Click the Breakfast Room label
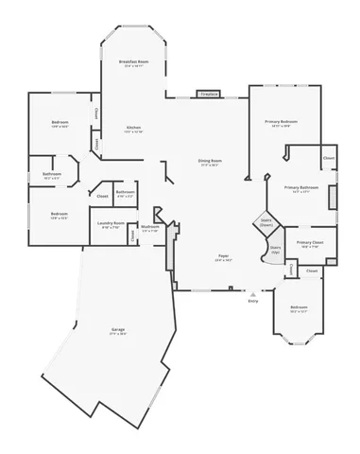click(x=131, y=61)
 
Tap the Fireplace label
click(x=208, y=94)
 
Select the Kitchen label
click(x=134, y=128)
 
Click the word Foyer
click(x=223, y=255)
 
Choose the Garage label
click(x=117, y=329)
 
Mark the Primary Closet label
click(x=310, y=242)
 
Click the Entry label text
click(x=252, y=301)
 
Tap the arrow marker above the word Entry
click(x=252, y=293)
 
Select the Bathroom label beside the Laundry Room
click(x=125, y=192)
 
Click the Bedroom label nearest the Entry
click(x=299, y=307)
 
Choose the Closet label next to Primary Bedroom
click(x=328, y=157)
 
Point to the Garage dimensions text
click(x=117, y=334)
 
